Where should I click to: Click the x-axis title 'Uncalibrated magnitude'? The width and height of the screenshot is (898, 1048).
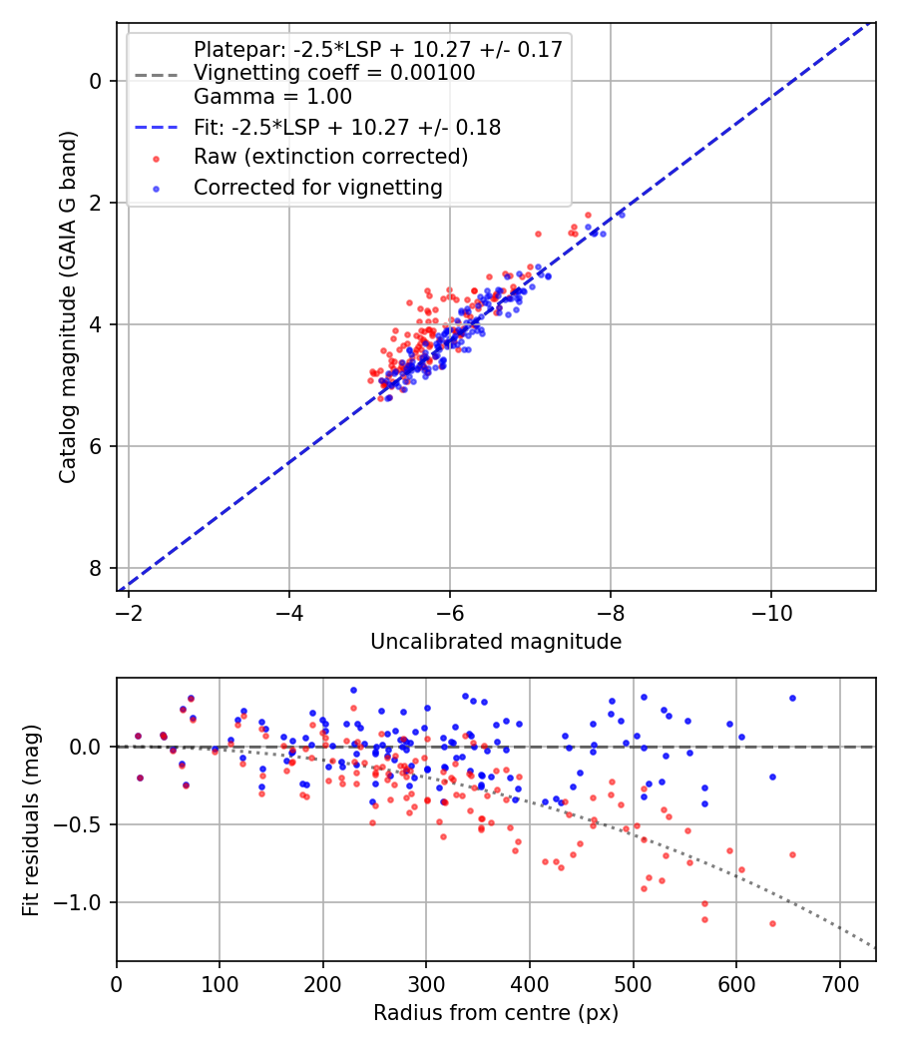coord(496,642)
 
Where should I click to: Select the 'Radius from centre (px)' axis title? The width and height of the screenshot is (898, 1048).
coord(496,1013)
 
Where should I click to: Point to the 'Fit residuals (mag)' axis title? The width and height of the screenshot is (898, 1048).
coord(31,819)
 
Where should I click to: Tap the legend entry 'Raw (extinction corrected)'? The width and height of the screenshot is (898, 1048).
coord(330,157)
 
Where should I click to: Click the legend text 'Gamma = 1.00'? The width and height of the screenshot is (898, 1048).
coord(272,97)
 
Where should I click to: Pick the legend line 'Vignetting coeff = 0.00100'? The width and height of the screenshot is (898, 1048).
coord(334,73)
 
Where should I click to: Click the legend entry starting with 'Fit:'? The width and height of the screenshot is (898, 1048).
coord(346,127)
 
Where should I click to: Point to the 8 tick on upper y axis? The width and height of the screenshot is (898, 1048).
coord(97,568)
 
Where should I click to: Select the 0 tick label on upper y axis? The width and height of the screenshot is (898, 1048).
coord(97,81)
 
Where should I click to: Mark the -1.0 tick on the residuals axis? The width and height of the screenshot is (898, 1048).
coord(83,902)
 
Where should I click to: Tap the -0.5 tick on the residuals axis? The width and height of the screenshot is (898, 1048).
coord(83,824)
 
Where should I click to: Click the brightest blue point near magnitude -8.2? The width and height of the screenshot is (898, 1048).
coord(621,214)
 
